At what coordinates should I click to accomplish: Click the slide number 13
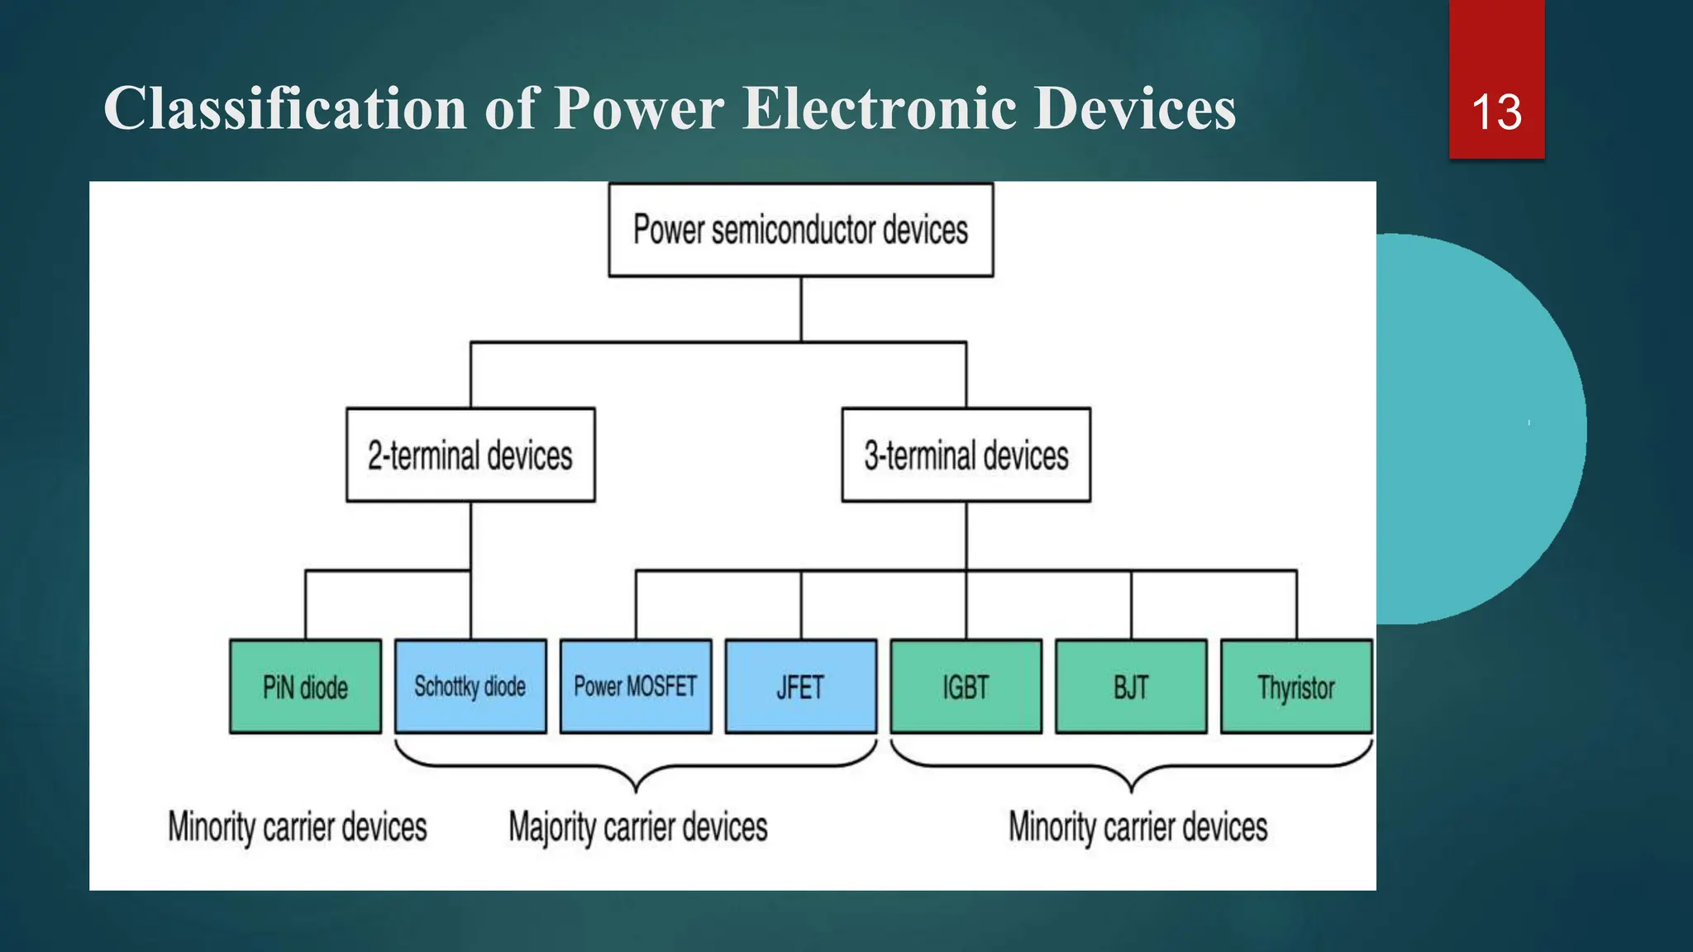(x=1496, y=112)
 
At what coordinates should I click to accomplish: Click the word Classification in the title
(x=285, y=108)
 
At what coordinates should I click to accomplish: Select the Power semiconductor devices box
(x=800, y=230)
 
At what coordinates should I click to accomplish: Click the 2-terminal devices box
(x=470, y=455)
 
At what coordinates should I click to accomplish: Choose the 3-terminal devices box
(x=966, y=455)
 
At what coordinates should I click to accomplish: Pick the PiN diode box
(x=305, y=686)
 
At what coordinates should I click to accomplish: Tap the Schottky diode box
(x=470, y=686)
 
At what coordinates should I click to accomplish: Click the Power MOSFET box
(x=636, y=686)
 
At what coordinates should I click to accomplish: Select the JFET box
(x=800, y=686)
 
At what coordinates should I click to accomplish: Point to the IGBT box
(x=966, y=686)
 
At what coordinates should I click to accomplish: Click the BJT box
(x=1131, y=686)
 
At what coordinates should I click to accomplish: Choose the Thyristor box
(x=1296, y=686)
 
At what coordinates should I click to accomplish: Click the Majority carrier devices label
(x=637, y=826)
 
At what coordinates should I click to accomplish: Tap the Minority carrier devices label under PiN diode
(x=298, y=826)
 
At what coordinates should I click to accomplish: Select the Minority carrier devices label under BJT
(x=1137, y=826)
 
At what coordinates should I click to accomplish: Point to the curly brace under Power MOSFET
(x=636, y=773)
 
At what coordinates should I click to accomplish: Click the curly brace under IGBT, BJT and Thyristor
(x=1131, y=773)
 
